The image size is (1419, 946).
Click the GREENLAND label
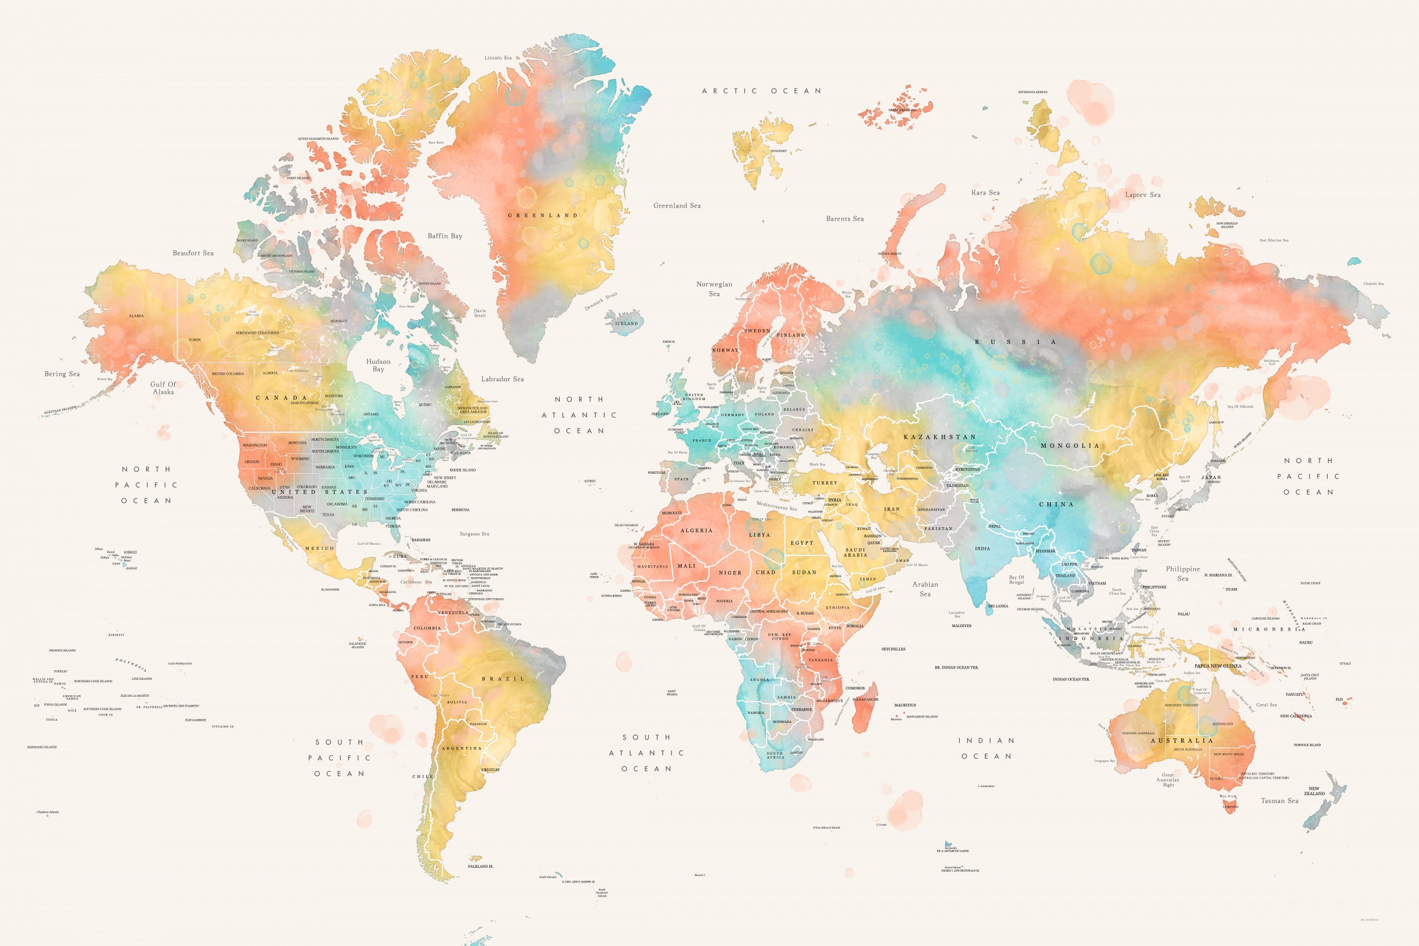pos(543,216)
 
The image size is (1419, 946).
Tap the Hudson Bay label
pos(378,365)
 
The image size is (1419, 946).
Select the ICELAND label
pos(626,323)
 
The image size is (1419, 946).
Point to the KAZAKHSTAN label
pos(939,437)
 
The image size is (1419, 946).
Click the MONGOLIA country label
pos(1070,446)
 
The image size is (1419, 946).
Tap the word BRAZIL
pos(503,679)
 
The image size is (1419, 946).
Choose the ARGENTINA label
pos(461,748)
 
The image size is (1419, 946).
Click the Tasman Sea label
pos(1279,801)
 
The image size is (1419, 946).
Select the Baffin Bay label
pos(444,236)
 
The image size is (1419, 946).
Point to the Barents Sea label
pos(845,218)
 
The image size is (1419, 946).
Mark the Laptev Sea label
pos(1143,195)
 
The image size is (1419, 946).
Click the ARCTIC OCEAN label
pos(761,91)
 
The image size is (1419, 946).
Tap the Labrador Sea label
pos(502,379)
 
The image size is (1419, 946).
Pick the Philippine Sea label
pos(1182,573)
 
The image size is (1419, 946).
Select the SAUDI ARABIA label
pos(855,552)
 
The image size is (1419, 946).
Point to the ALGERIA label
pos(696,530)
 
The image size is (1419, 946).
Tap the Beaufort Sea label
pos(193,253)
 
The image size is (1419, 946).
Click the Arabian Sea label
pos(925,589)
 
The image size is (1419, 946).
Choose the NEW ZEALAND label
pos(1314,791)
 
